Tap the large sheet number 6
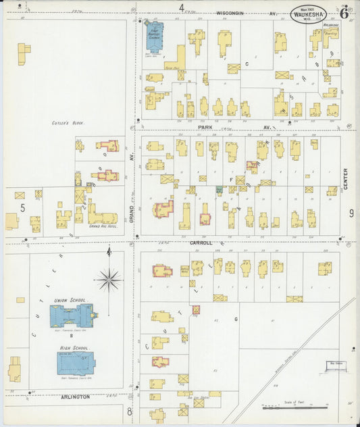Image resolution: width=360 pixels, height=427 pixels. (x=344, y=13)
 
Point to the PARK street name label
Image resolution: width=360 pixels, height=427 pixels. (x=205, y=127)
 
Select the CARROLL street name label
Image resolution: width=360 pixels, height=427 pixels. (x=201, y=242)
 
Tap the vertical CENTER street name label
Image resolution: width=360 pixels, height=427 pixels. (x=346, y=178)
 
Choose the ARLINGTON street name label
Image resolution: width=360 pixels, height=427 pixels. (x=76, y=397)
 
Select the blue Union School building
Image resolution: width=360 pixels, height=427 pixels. (x=74, y=316)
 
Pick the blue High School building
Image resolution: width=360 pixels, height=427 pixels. (x=76, y=363)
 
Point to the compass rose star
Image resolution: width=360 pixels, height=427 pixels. (x=109, y=278)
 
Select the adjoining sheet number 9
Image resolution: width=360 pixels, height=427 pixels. (x=351, y=214)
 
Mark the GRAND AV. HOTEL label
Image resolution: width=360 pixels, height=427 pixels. (x=103, y=226)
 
